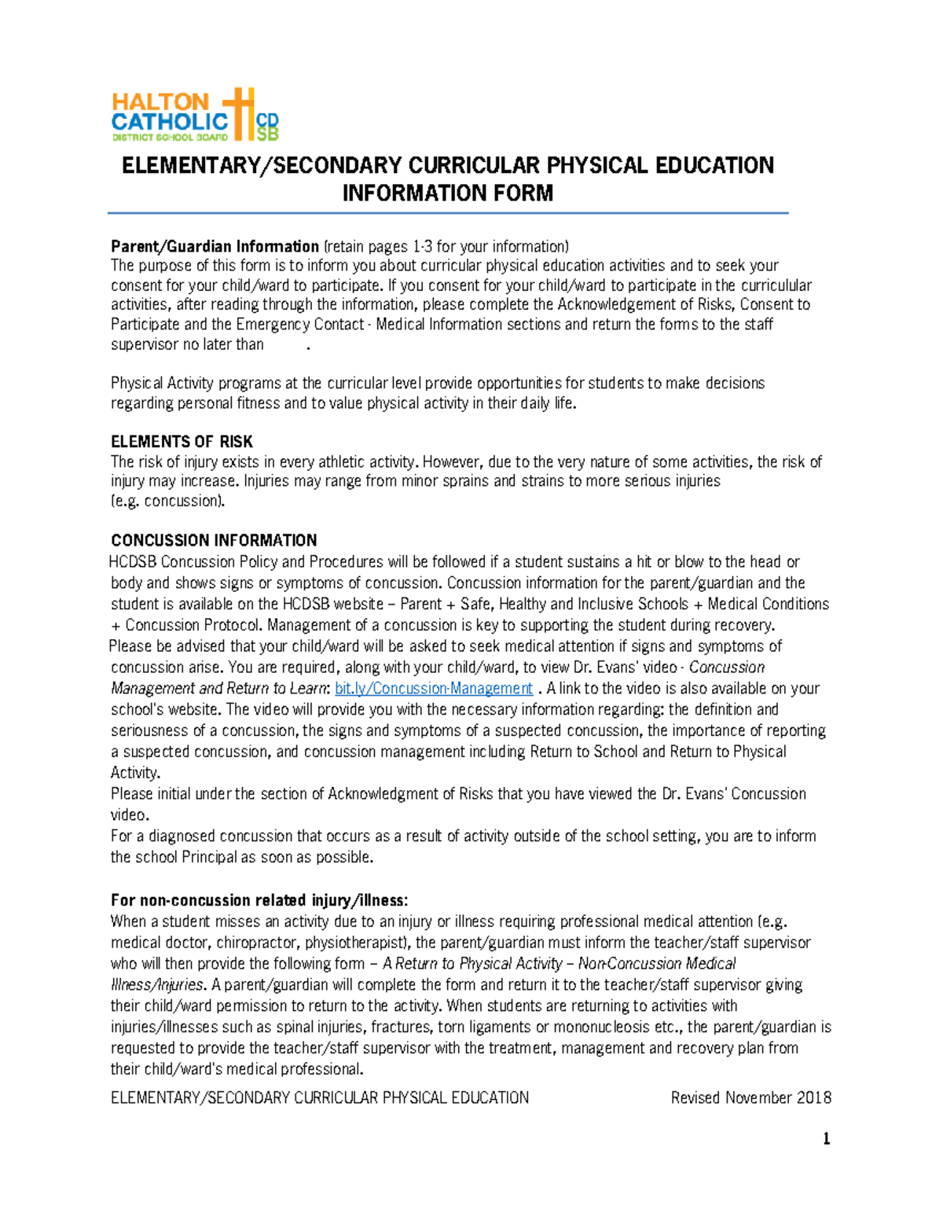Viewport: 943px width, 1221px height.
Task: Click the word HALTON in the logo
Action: (160, 101)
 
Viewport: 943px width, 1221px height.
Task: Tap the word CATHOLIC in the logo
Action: (170, 122)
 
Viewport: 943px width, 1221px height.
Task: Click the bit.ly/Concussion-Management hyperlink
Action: (434, 689)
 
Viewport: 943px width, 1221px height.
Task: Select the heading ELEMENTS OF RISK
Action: (182, 442)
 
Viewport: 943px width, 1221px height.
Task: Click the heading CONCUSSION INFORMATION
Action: (214, 541)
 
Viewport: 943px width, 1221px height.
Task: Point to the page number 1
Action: (826, 1139)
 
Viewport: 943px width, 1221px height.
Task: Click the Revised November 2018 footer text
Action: (750, 1098)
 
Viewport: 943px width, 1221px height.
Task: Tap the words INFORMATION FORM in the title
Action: (447, 193)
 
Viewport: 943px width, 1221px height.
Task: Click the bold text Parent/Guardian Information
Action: (215, 247)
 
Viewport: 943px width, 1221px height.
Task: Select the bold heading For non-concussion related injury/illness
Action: (259, 901)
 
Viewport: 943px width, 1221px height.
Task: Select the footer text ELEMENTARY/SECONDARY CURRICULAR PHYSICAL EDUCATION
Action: (319, 1098)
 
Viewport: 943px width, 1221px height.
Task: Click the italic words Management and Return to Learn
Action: (218, 689)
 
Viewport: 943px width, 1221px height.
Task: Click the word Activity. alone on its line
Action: (135, 773)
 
